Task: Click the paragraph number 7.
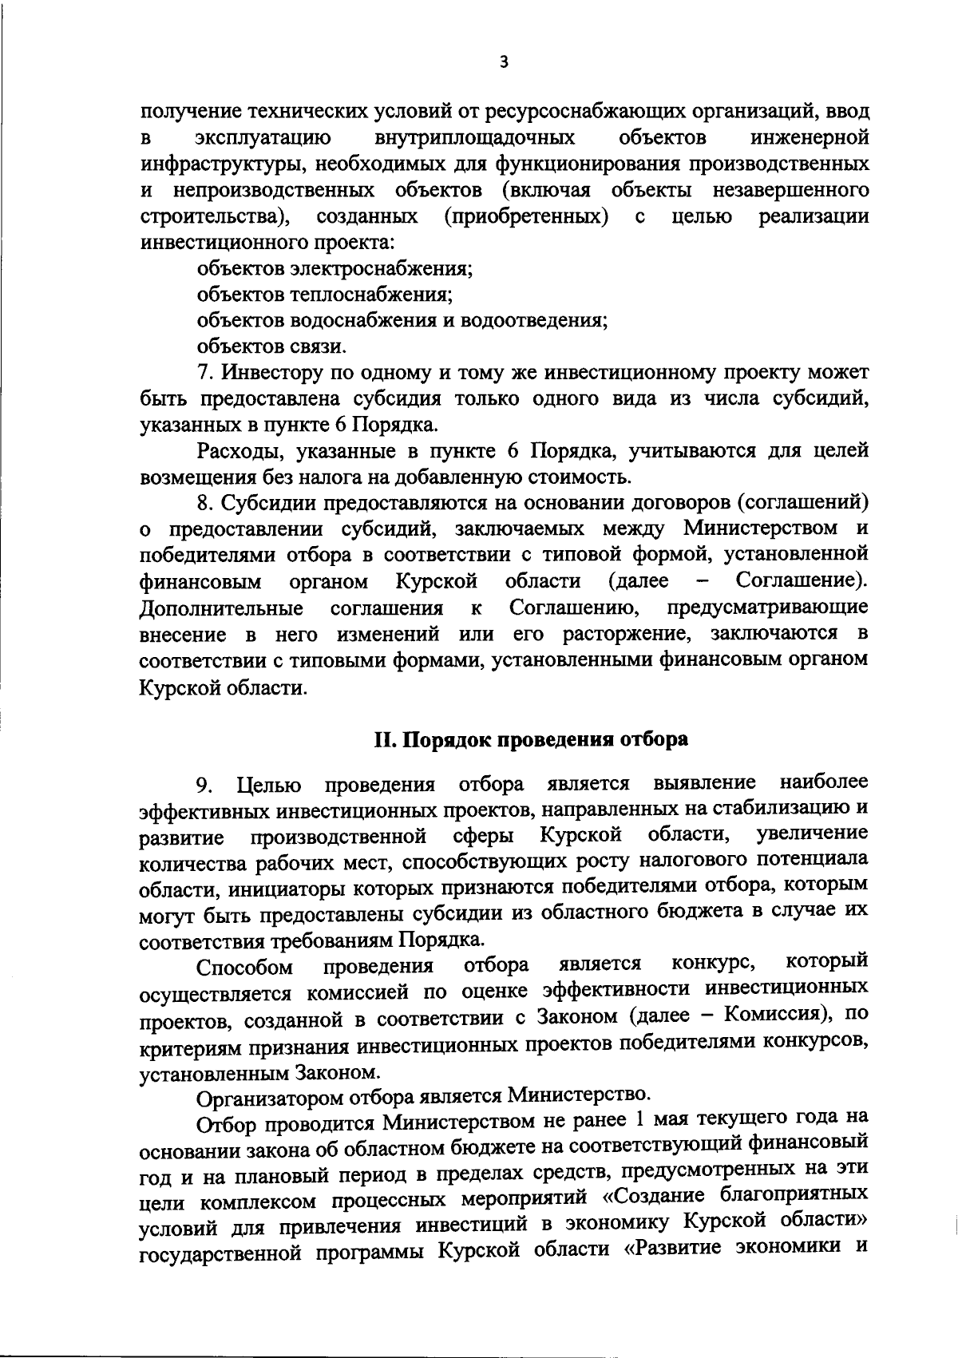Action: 204,373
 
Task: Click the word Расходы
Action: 242,452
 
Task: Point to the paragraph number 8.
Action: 204,503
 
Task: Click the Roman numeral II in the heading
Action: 385,739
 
